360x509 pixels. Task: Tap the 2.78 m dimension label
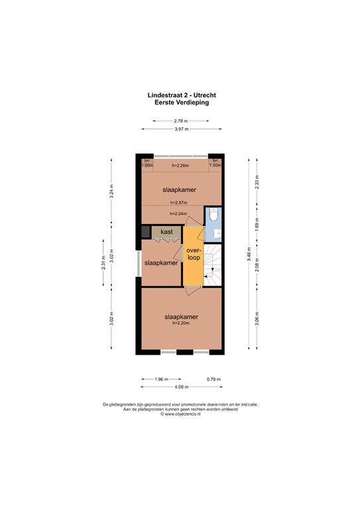point(181,121)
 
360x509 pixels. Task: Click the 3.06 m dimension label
point(258,318)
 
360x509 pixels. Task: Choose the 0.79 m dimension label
point(213,379)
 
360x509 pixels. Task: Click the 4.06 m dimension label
point(181,386)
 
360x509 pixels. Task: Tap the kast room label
point(166,232)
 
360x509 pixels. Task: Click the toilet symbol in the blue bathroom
point(213,217)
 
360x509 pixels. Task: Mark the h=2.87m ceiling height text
point(178,202)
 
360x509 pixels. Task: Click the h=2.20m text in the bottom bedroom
point(182,323)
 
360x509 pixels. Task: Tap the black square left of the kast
point(146,231)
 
